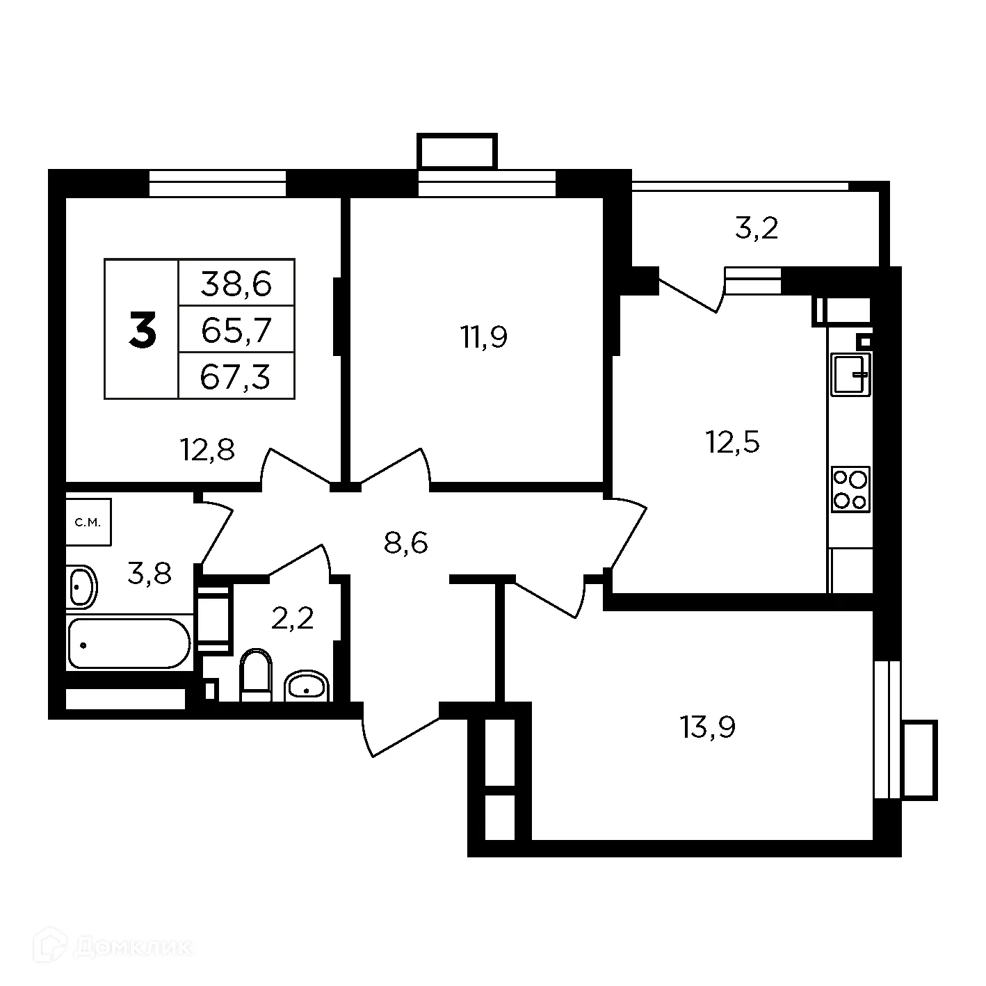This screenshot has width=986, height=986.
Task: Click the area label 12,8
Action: [x=207, y=451]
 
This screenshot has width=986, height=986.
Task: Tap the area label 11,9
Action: [x=483, y=337]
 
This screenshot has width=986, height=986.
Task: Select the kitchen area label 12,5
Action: [x=733, y=442]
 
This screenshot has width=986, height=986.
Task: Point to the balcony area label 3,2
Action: [x=756, y=228]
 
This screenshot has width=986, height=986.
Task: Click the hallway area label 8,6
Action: [x=405, y=542]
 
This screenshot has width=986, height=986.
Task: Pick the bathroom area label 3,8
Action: [x=149, y=574]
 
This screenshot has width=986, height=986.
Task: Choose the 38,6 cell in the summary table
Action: [x=236, y=283]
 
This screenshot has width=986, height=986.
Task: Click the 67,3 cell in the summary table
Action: [x=236, y=377]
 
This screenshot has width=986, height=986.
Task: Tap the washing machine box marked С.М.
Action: [x=88, y=522]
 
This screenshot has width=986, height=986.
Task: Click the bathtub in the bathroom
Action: [x=129, y=644]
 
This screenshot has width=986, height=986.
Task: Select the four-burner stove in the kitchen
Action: [x=850, y=490]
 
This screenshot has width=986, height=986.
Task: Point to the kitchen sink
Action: [x=851, y=374]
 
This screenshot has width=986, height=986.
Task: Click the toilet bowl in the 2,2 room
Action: [x=255, y=673]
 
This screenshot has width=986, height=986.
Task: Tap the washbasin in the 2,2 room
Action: [x=306, y=686]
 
